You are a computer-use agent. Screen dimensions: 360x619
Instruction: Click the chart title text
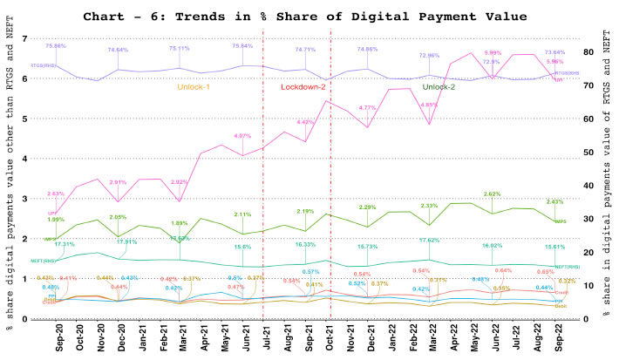(314, 16)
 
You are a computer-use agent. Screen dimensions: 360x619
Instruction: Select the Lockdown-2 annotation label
(303, 87)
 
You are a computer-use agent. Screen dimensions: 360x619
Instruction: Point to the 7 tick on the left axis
(24, 38)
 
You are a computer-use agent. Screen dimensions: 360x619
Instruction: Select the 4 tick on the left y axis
(24, 159)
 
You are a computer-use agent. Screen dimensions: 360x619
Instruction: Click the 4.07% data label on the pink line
(243, 136)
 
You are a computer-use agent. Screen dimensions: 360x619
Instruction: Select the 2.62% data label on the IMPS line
(493, 194)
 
